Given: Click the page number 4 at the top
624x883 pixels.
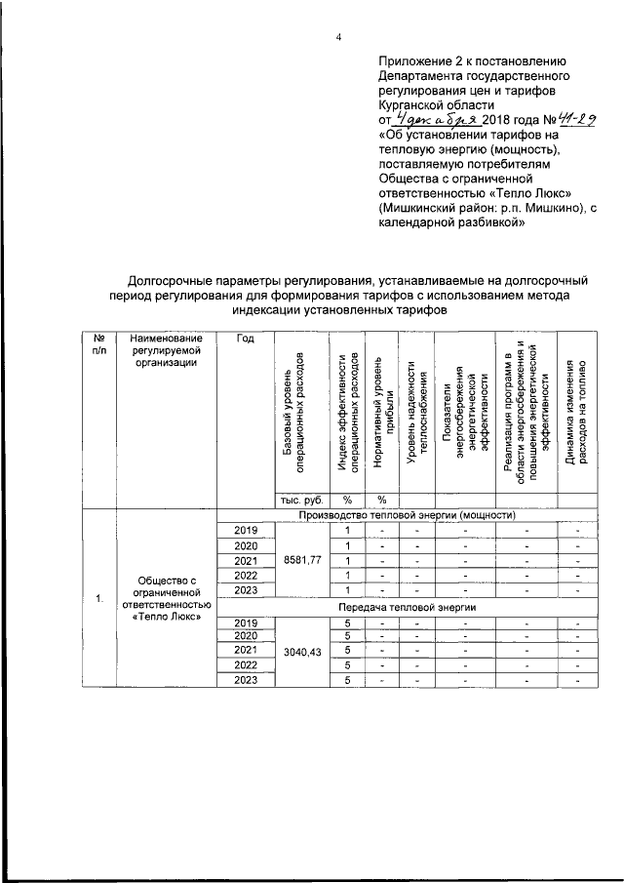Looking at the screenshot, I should coord(339,38).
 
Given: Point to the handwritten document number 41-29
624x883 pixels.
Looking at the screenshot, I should coord(570,118).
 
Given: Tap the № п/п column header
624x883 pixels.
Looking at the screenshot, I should coord(98,344).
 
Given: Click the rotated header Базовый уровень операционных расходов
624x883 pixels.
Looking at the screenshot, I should coord(294,412).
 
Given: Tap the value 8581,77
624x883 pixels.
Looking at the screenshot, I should coord(301,560).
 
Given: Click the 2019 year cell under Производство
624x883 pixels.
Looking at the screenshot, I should coord(246,530).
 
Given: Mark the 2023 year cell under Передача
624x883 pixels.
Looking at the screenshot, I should coord(246,681).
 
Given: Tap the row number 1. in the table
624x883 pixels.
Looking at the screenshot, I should coord(98,599).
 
